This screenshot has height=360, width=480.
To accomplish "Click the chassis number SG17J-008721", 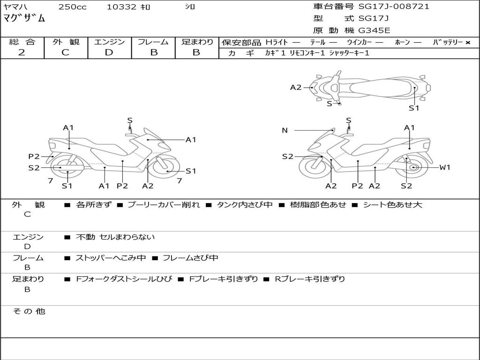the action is click(394, 7).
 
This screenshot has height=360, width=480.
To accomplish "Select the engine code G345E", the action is click(374, 31).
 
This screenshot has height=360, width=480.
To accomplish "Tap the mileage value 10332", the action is click(121, 7).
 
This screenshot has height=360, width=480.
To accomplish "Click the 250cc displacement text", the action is click(72, 7).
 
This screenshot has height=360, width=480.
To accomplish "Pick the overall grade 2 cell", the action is click(22, 52).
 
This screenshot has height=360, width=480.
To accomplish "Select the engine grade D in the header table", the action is click(109, 52).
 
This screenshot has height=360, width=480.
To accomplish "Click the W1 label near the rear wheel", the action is click(444, 167).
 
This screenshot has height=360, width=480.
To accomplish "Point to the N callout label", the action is click(285, 130).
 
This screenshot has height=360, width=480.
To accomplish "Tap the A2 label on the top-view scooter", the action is click(296, 87).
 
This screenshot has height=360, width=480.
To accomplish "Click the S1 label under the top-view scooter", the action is click(413, 108).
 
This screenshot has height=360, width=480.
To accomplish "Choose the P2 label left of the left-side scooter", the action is click(34, 157).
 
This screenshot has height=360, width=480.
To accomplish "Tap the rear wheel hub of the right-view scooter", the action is click(413, 167).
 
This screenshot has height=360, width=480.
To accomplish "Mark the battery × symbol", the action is click(467, 42).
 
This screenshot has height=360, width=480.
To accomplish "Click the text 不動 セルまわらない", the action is click(115, 237).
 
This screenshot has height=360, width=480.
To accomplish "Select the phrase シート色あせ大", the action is click(393, 205).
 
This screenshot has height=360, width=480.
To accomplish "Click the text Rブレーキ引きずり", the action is click(309, 279).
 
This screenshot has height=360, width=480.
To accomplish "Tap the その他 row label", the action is click(29, 311).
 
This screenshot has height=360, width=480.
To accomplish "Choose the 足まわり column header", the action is click(197, 42).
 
